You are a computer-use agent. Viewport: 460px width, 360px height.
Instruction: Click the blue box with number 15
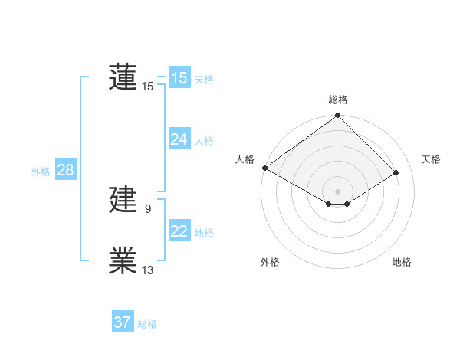tap(179, 78)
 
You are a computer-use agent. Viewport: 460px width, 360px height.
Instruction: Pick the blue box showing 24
tap(179, 139)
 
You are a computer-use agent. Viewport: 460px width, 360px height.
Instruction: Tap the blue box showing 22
tap(179, 231)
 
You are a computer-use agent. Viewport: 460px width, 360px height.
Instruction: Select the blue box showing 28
tap(65, 170)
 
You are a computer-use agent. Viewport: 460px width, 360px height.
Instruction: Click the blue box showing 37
tap(123, 322)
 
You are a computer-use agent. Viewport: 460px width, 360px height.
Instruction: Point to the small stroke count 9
tap(147, 208)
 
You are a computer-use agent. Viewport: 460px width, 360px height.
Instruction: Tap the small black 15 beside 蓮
tap(148, 86)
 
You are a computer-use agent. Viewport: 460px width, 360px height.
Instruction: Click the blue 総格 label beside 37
tap(147, 324)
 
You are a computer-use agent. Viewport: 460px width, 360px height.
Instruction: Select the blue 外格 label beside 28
tap(41, 172)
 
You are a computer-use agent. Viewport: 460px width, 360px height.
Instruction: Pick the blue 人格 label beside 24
tap(204, 141)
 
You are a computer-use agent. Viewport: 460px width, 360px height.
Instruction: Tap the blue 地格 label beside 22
tap(204, 233)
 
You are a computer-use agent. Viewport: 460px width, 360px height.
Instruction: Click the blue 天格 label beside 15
tap(204, 80)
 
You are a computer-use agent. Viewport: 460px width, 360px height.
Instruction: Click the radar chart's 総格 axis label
tap(338, 100)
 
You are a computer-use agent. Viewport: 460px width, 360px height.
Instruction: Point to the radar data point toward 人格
tap(264, 168)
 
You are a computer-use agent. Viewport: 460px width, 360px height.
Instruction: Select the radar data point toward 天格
tap(396, 173)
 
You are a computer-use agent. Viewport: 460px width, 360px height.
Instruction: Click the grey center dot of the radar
tap(337, 191)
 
